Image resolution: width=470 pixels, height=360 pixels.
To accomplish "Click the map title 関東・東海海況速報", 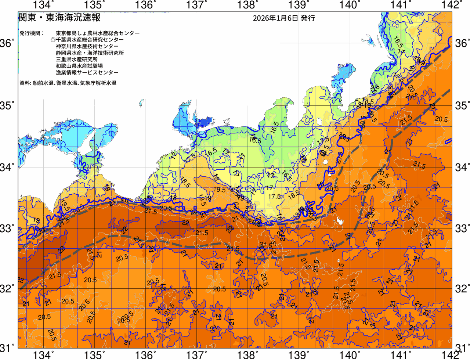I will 59,17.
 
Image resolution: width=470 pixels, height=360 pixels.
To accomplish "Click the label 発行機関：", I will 32,33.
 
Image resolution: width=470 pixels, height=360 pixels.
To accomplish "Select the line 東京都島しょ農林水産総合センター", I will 98,33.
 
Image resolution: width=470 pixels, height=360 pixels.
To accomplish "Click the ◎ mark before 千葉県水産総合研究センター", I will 53,40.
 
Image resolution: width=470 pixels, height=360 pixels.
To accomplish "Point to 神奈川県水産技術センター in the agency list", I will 87,46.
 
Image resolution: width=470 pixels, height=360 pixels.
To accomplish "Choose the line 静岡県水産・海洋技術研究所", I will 90,53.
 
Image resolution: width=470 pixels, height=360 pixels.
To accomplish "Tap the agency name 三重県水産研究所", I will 77,60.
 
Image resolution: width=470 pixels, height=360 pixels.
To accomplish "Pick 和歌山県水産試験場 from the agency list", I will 79,66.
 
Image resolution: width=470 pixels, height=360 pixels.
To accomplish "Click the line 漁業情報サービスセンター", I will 87,73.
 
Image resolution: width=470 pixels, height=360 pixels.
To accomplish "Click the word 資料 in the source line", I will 24,83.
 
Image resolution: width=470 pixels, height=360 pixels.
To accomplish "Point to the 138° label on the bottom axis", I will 247,355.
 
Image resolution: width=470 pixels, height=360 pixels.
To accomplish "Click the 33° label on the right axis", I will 462,227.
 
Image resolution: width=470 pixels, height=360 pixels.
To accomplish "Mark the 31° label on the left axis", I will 7,348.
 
